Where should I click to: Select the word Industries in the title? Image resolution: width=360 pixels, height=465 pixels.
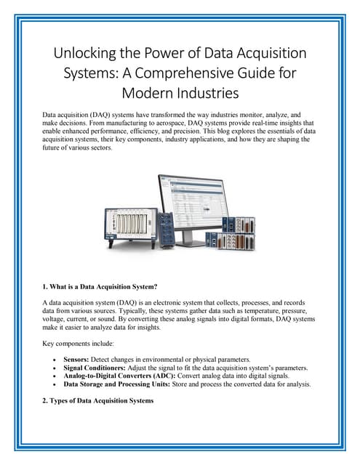tap(208, 93)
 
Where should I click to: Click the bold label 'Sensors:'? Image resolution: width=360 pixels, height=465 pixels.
tap(76, 360)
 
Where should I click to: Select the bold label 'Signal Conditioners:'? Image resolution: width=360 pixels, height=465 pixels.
tap(95, 368)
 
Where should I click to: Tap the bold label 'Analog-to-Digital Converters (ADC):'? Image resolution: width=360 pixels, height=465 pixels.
tap(119, 376)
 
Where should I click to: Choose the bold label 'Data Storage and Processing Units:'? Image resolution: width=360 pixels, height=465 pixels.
tap(117, 384)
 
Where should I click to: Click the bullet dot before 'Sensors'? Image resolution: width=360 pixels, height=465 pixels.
tap(55, 360)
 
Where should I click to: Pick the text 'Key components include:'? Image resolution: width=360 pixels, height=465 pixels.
tap(78, 344)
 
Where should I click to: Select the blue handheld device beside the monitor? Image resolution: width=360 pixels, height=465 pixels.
tap(166, 230)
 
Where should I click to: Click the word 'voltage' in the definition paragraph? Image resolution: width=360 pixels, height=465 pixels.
tap(52, 319)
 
